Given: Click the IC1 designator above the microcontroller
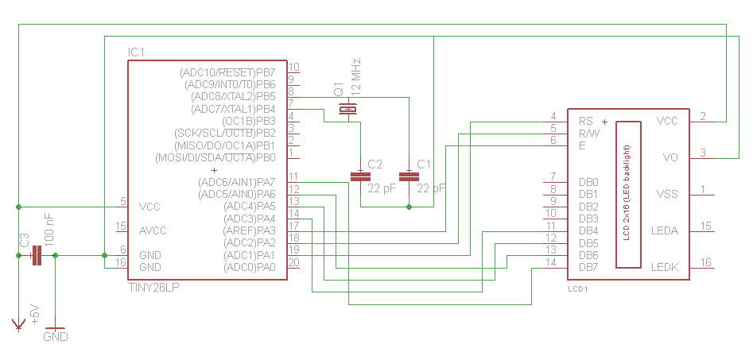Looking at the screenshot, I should (x=137, y=52).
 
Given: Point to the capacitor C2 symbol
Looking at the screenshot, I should (x=360, y=176).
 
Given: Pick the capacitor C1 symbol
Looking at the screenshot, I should (x=409, y=176).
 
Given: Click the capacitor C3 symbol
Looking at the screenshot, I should (x=36, y=256).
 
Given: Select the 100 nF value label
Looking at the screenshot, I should (x=49, y=229).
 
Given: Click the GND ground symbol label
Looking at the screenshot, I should (x=55, y=337).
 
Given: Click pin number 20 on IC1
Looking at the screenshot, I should (x=294, y=262).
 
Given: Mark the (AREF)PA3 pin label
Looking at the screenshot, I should (x=250, y=230).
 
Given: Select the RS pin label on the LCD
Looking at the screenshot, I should (x=586, y=121).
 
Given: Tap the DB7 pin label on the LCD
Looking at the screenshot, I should (x=589, y=267).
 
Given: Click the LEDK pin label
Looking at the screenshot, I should (x=665, y=267).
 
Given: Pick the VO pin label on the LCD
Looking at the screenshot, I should (x=670, y=157).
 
